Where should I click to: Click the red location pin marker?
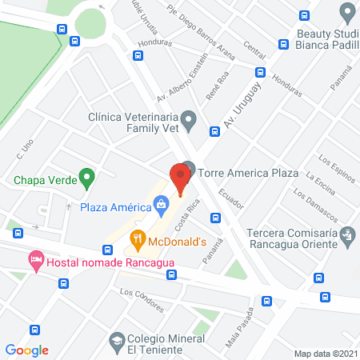[179, 178]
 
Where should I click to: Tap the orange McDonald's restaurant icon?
[138, 238]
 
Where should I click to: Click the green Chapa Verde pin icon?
[89, 178]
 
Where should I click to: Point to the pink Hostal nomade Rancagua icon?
[35, 260]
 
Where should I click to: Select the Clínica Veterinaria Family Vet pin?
[189, 122]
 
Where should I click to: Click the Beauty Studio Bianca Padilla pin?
[346, 12]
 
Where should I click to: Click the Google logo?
[26, 350]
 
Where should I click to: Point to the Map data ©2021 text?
[325, 354]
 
